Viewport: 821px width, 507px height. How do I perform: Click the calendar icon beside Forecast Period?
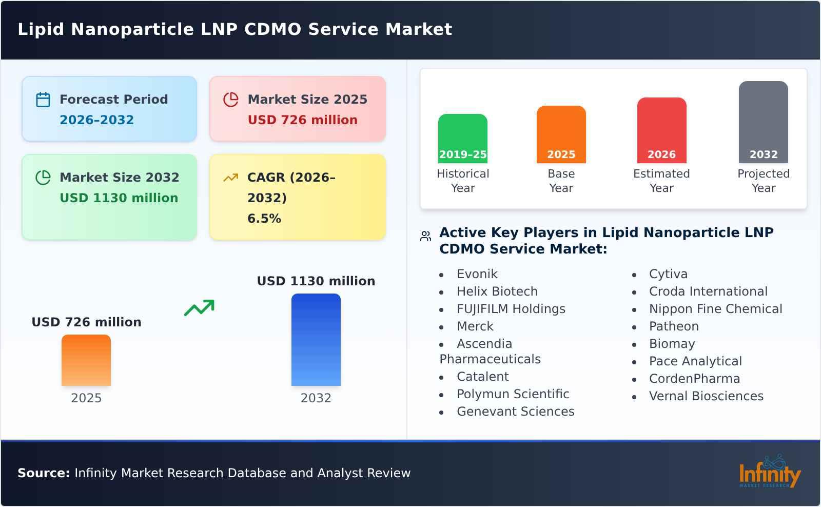pos(43,100)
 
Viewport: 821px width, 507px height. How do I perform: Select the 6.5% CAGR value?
pos(264,219)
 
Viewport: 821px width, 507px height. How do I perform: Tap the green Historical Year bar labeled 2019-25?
pos(462,139)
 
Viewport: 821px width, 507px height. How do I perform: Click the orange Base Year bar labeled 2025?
pos(561,134)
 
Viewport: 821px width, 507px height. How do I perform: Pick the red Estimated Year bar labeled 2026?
pos(661,130)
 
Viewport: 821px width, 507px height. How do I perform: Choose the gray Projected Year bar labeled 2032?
pos(763,122)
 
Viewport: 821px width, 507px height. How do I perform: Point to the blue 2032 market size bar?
pos(316,340)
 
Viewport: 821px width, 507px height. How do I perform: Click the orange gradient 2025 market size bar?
pos(86,360)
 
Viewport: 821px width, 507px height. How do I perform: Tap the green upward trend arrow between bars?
pos(199,308)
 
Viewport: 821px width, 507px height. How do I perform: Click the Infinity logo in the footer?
pos(769,472)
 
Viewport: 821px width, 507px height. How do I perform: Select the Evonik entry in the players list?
pos(477,274)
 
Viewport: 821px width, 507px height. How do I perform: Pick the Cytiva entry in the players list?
pos(668,274)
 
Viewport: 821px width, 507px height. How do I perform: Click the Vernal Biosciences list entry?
pos(706,396)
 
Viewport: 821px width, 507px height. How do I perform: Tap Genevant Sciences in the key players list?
pos(515,412)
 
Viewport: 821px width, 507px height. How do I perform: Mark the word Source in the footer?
pos(43,473)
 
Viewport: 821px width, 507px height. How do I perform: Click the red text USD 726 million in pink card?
pos(302,120)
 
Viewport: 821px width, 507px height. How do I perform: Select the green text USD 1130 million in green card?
pos(119,198)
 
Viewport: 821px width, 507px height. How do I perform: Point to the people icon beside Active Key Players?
pos(425,236)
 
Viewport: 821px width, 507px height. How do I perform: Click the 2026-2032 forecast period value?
pos(96,120)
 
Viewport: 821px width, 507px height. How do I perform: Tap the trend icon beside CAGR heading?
pos(230,178)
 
